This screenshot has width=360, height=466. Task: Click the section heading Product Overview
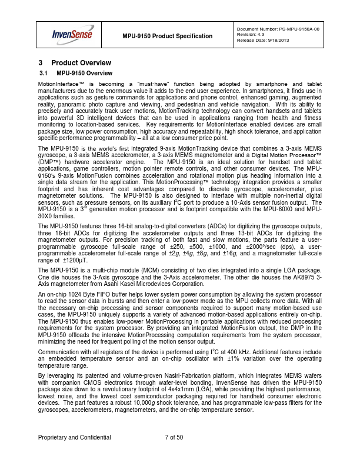(81, 62)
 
